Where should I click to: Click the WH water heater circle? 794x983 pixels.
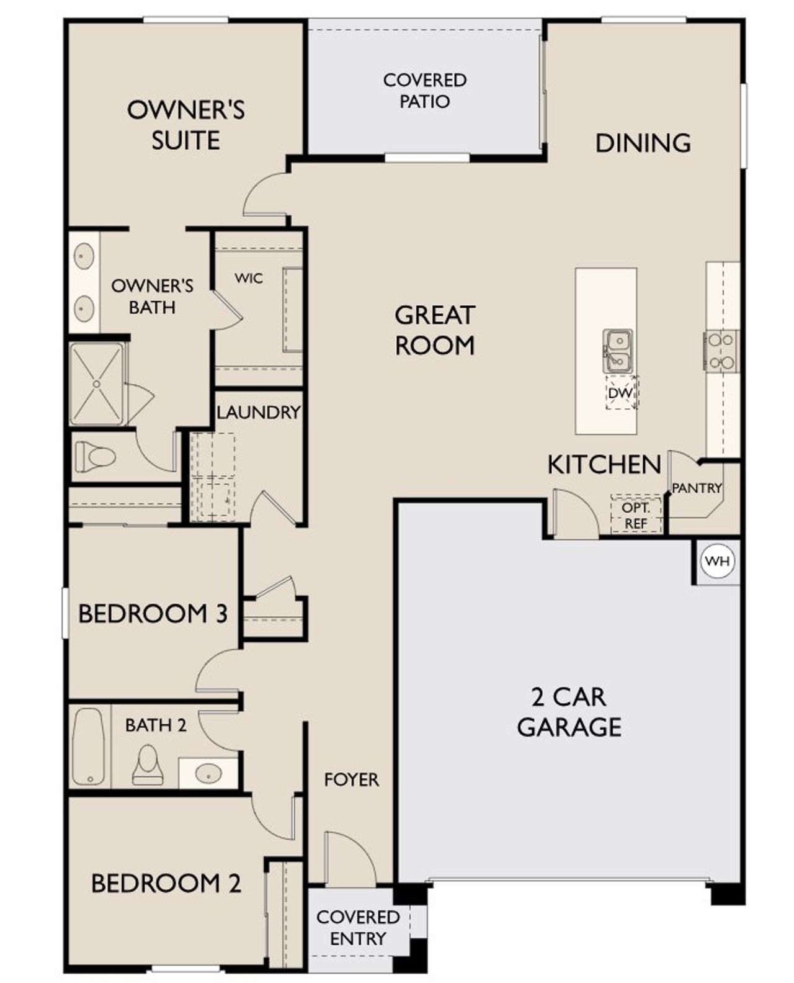tap(718, 562)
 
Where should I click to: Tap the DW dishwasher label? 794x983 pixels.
tap(620, 393)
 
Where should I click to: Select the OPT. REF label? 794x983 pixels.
tap(635, 515)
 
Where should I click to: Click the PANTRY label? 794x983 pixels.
tap(697, 488)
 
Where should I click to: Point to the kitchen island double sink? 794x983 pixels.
tap(618, 351)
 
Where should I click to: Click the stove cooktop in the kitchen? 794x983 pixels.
tap(721, 351)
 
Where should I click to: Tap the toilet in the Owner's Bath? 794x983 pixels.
tap(96, 458)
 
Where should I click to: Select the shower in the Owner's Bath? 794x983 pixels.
tap(97, 384)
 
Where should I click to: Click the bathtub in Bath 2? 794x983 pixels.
tap(87, 747)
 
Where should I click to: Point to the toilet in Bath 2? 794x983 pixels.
tap(148, 765)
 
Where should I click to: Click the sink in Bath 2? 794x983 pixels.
tap(208, 773)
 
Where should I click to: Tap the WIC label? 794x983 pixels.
tap(248, 278)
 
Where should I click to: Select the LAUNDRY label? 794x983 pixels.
tap(258, 412)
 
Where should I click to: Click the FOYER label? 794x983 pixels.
tap(351, 779)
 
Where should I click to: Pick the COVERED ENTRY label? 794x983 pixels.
tap(357, 927)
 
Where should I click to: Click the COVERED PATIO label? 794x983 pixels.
tap(425, 91)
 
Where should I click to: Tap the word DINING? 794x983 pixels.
tap(643, 143)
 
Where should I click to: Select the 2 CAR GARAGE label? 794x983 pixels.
tap(569, 712)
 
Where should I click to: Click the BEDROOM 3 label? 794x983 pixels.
tap(153, 614)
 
